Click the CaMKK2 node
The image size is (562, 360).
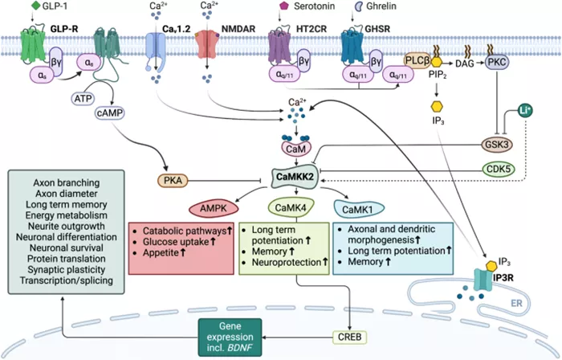click(295, 177)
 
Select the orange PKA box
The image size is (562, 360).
click(173, 180)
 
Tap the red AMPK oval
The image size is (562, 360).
click(214, 208)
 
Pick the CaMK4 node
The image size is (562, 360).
click(291, 207)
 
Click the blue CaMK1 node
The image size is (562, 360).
click(359, 209)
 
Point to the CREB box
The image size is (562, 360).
click(349, 337)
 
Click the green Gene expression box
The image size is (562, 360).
click(230, 337)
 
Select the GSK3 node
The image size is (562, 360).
click(496, 145)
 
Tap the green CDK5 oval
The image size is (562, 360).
click(499, 169)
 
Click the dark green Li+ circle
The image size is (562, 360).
click(525, 111)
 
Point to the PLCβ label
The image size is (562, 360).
click(417, 60)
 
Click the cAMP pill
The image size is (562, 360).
click(110, 113)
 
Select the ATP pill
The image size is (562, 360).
click(83, 98)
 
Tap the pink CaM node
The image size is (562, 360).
click(296, 149)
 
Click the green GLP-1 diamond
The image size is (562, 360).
click(35, 6)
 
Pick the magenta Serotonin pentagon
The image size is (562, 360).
click(284, 6)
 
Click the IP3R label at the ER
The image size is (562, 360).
click(503, 276)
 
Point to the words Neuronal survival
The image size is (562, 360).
click(67, 247)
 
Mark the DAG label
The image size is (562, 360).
click(465, 63)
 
